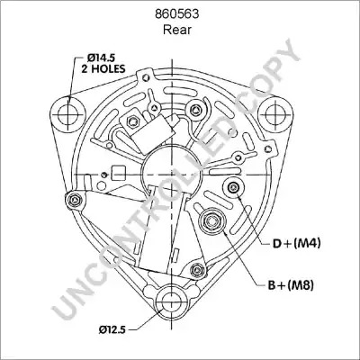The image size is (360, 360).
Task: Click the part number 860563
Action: coord(176,14)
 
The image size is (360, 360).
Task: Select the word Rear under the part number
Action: coord(177,30)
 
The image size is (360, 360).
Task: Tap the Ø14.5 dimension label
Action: coord(102,57)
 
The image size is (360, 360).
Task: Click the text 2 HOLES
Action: coord(103,68)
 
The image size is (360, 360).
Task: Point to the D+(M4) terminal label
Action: coord(296,243)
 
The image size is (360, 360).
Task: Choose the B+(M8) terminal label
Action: coord(291,285)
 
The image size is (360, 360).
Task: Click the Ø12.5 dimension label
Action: coord(112,329)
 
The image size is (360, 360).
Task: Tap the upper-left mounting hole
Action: coord(67,114)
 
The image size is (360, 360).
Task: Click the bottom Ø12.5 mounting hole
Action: coord(172,303)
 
